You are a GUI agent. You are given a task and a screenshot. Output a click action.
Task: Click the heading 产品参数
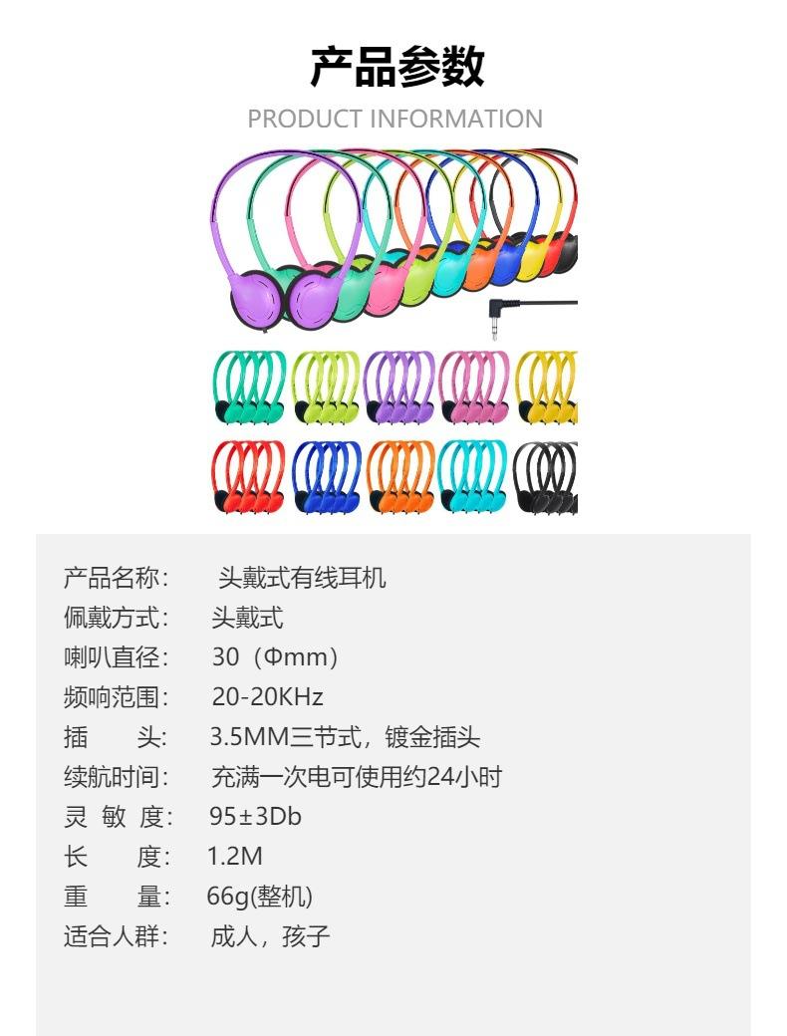pyautogui.click(x=396, y=68)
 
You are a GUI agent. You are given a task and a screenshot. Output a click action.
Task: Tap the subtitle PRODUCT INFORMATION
pyautogui.click(x=394, y=119)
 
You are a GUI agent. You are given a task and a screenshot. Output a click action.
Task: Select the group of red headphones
pyautogui.click(x=248, y=477)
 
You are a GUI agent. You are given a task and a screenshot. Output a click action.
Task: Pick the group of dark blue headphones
pyautogui.click(x=327, y=477)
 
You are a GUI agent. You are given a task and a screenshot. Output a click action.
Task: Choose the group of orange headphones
pyautogui.click(x=400, y=477)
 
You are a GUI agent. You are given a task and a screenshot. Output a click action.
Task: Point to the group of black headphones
pyautogui.click(x=545, y=477)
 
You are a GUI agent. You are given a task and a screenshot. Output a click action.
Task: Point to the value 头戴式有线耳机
pyautogui.click(x=302, y=578)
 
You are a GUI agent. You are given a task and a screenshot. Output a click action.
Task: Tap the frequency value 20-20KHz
pyautogui.click(x=267, y=697)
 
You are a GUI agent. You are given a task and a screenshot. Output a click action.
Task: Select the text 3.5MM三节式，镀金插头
pyautogui.click(x=345, y=737)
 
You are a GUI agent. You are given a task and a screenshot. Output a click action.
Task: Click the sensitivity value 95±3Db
pyautogui.click(x=255, y=817)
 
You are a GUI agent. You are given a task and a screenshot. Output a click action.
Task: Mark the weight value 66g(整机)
pyautogui.click(x=259, y=897)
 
